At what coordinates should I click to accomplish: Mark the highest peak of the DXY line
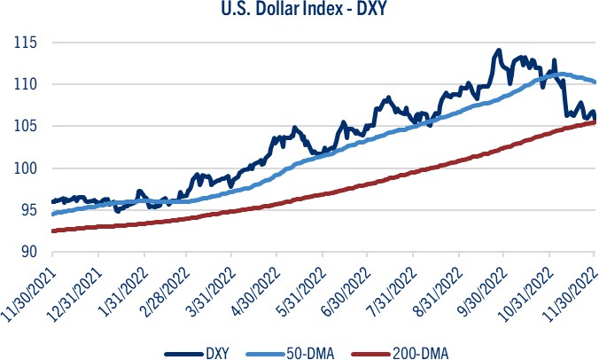click(x=499, y=51)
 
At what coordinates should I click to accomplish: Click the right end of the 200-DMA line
click(x=594, y=122)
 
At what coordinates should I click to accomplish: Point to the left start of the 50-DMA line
click(x=52, y=214)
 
